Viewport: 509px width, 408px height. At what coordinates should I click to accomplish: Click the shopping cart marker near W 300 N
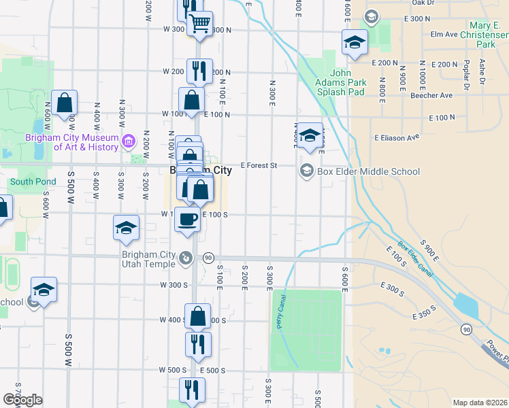pyautogui.click(x=199, y=24)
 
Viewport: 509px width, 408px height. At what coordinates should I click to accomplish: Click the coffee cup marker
pyautogui.click(x=187, y=220)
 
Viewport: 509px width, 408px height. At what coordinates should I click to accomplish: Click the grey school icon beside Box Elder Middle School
pyautogui.click(x=307, y=171)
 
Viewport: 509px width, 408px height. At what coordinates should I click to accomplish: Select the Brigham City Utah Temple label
pyautogui.click(x=140, y=256)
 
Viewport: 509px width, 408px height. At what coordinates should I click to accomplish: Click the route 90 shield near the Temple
pyautogui.click(x=209, y=258)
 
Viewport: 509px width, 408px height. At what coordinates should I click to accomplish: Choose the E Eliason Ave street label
pyautogui.click(x=395, y=137)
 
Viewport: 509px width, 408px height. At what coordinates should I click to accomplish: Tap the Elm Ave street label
pyautogui.click(x=444, y=34)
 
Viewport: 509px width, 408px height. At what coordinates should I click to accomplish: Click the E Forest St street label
pyautogui.click(x=259, y=165)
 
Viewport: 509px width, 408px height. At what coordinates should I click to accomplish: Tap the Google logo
pyautogui.click(x=23, y=400)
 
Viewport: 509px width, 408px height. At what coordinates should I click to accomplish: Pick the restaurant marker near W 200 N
pyautogui.click(x=199, y=70)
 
